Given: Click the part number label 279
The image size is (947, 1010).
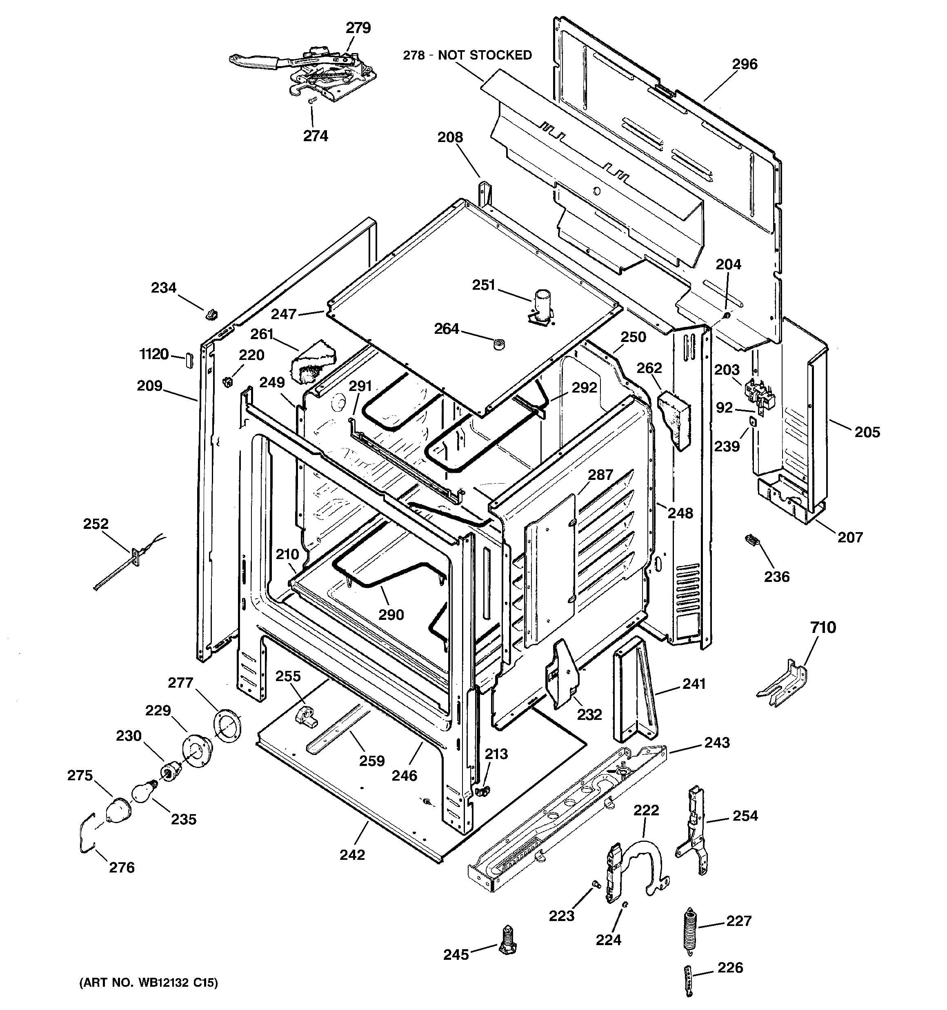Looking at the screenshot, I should (x=358, y=28).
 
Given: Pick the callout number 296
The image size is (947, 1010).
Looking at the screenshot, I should (x=744, y=64).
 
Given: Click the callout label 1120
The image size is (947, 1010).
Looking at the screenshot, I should (x=154, y=354).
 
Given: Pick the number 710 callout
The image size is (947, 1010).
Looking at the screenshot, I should (x=823, y=628).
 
